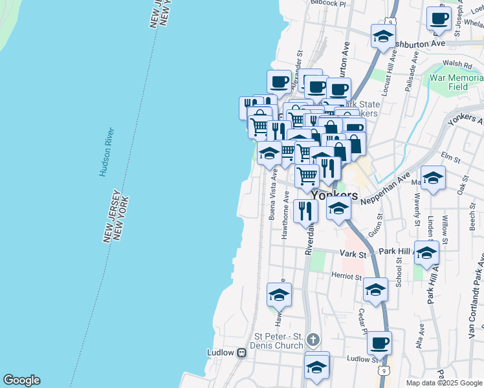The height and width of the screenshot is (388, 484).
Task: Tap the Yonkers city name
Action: tap(334, 195)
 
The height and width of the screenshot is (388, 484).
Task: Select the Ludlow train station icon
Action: tap(241, 353)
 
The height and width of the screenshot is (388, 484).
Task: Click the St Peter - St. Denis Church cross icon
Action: tap(313, 339)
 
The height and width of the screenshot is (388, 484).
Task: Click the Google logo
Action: tap(21, 380)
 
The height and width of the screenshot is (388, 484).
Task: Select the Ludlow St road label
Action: tap(361, 358)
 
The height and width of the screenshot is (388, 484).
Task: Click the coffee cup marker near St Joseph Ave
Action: tap(439, 18)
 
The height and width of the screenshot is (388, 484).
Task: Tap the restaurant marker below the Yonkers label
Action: tap(305, 211)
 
